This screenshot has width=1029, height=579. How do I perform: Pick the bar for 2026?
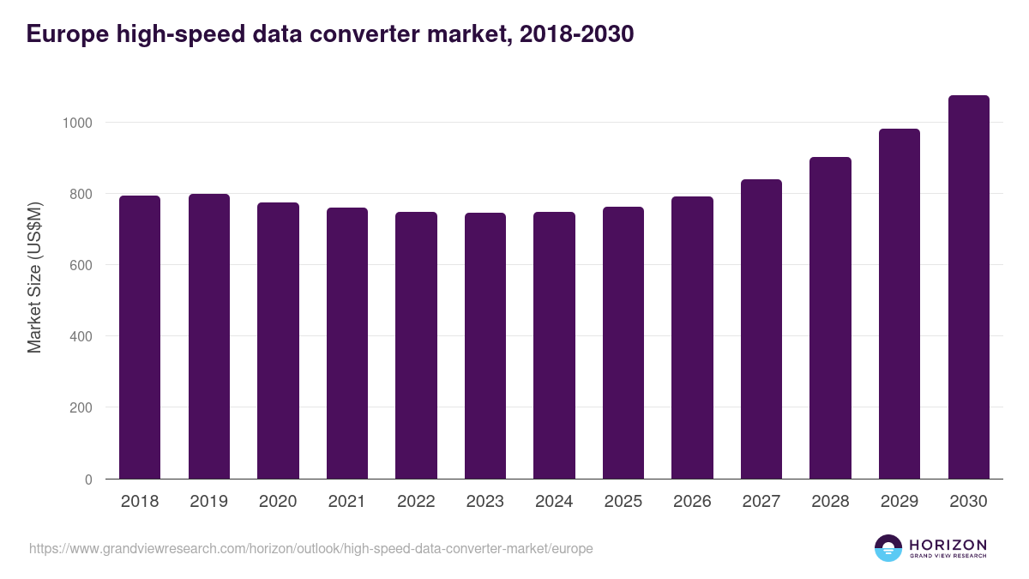692,338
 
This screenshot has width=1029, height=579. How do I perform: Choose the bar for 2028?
830,318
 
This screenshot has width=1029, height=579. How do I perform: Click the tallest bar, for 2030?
968,287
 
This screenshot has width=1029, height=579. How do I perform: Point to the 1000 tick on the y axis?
77,123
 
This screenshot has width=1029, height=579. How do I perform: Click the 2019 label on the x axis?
208,502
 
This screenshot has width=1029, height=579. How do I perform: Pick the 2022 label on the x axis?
416,502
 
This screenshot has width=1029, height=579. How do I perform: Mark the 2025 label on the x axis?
623,502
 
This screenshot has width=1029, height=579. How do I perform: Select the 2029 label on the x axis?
899,502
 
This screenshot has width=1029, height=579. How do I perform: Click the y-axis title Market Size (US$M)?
34,277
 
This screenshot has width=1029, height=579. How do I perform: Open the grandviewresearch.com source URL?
310,548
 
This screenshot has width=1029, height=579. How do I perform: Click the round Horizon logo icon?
888,548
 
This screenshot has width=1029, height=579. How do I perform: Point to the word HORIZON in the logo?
948,544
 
